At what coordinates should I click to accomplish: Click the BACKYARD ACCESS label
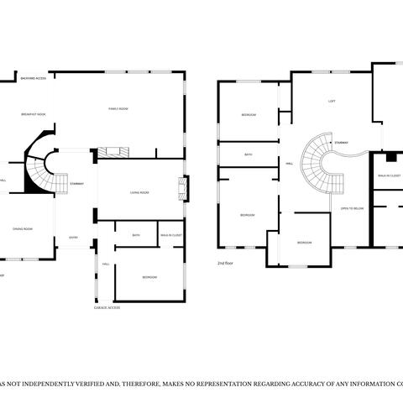point(34,78)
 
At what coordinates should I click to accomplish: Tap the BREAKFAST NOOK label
point(34,113)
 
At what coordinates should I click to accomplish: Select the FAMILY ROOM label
point(118,109)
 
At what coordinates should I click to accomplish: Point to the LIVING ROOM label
point(139,193)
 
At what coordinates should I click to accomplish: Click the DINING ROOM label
point(23,228)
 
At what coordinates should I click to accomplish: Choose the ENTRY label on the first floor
point(73,238)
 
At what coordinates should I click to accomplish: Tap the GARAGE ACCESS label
point(107,307)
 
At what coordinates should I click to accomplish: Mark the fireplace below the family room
point(113,152)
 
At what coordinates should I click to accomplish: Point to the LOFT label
point(332,102)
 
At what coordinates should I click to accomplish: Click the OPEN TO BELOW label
point(352,207)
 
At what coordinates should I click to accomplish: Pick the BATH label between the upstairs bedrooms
point(249,154)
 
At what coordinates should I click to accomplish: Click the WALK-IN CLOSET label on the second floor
point(389,175)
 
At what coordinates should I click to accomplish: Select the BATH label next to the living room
point(136,236)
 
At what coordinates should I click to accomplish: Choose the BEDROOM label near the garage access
point(149,276)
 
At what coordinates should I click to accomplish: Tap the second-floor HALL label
point(290,164)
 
